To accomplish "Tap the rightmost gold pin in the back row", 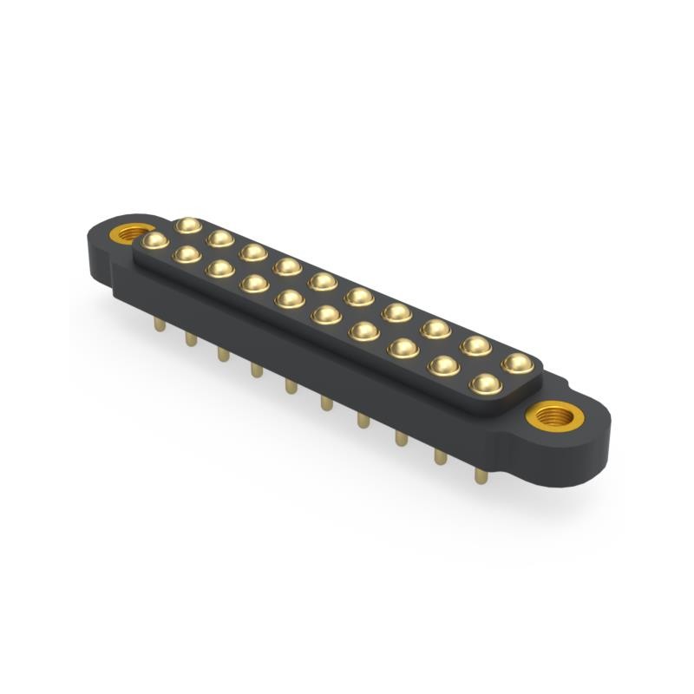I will [518, 363].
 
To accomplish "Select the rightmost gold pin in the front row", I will [485, 383].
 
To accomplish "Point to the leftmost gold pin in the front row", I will [155, 239].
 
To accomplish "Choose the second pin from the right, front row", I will [443, 365].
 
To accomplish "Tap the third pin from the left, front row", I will [219, 268].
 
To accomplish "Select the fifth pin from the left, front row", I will [289, 299].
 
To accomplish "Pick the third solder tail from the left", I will [223, 354].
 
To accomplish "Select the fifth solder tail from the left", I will [290, 385].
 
